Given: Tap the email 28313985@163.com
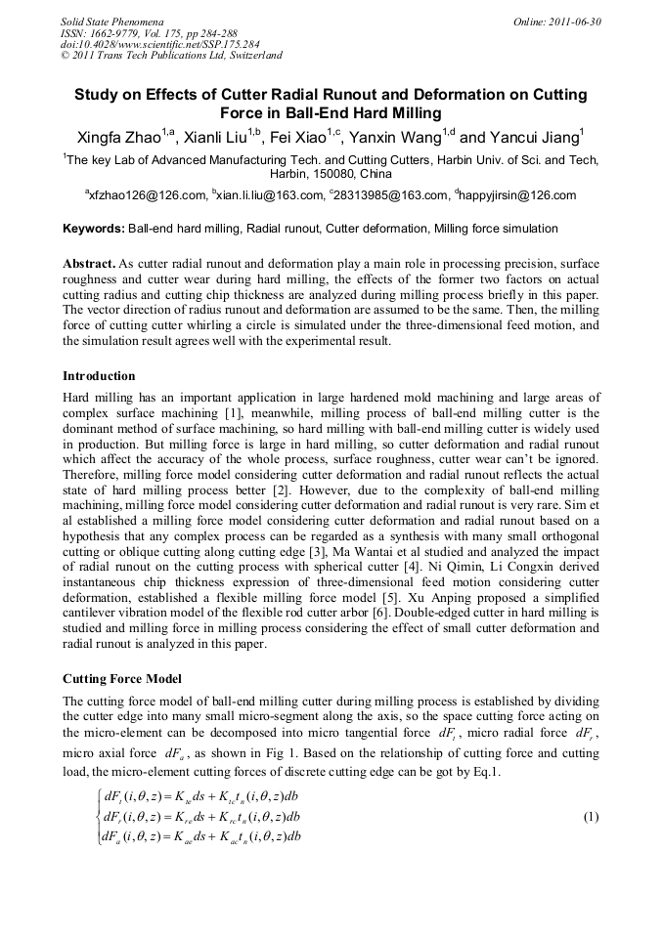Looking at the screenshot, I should click(x=389, y=195).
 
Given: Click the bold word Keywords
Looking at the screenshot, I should click(x=93, y=229).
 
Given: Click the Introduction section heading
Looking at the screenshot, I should click(x=99, y=376).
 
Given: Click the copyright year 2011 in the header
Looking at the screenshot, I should click(x=87, y=56).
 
